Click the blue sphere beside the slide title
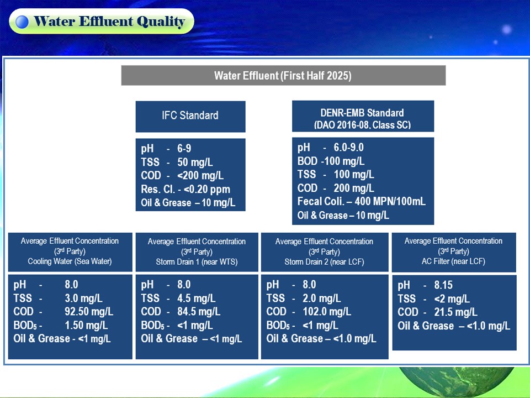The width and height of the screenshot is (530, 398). pos(22,22)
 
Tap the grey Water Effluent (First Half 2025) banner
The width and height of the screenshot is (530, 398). pos(283,75)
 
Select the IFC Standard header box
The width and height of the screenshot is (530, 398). pos(190,117)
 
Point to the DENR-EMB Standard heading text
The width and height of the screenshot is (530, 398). pos(362,113)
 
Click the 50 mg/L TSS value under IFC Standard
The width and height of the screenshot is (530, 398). pos(195,162)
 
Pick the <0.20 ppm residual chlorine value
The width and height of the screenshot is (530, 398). pos(206,189)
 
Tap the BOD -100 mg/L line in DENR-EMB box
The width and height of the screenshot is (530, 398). pos(331,161)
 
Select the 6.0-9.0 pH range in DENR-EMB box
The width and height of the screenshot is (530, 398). pos(348,148)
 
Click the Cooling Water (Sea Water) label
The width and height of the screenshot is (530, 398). pos(70,261)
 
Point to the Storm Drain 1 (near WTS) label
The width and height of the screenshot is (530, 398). pos(197,262)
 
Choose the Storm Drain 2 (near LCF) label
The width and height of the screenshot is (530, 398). pos(324,262)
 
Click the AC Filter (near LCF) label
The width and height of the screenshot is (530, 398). pos(453,261)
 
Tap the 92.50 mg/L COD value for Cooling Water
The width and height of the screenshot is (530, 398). pos(89,311)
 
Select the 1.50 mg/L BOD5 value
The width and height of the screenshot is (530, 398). pos(86,325)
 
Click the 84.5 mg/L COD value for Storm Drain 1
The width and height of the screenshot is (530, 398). pos(199,311)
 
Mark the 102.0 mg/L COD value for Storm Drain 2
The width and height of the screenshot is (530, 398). pos(327,311)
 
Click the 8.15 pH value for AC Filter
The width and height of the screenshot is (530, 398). pos(443,285)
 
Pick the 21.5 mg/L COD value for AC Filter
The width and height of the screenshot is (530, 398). pos(455,312)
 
